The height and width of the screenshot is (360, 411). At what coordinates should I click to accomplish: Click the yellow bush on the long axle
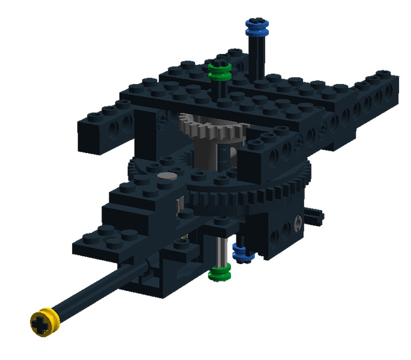coord(43,321)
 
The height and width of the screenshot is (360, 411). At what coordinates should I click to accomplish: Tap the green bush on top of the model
coord(220,72)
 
